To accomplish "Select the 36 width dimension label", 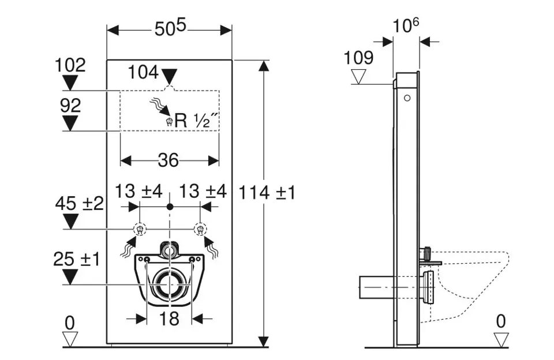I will click(168, 160).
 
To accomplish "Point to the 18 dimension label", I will click(169, 318).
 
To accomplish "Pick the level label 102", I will click(70, 65).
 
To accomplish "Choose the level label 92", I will click(70, 105).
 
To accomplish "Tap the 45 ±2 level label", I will click(80, 204).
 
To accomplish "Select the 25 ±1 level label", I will click(77, 259).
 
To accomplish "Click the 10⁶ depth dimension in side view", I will click(406, 26).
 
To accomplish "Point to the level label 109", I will click(358, 57).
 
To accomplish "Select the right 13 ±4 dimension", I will click(203, 190).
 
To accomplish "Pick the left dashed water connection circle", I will click(139, 229).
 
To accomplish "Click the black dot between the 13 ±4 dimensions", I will click(170, 206).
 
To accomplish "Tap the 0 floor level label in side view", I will click(500, 320).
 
